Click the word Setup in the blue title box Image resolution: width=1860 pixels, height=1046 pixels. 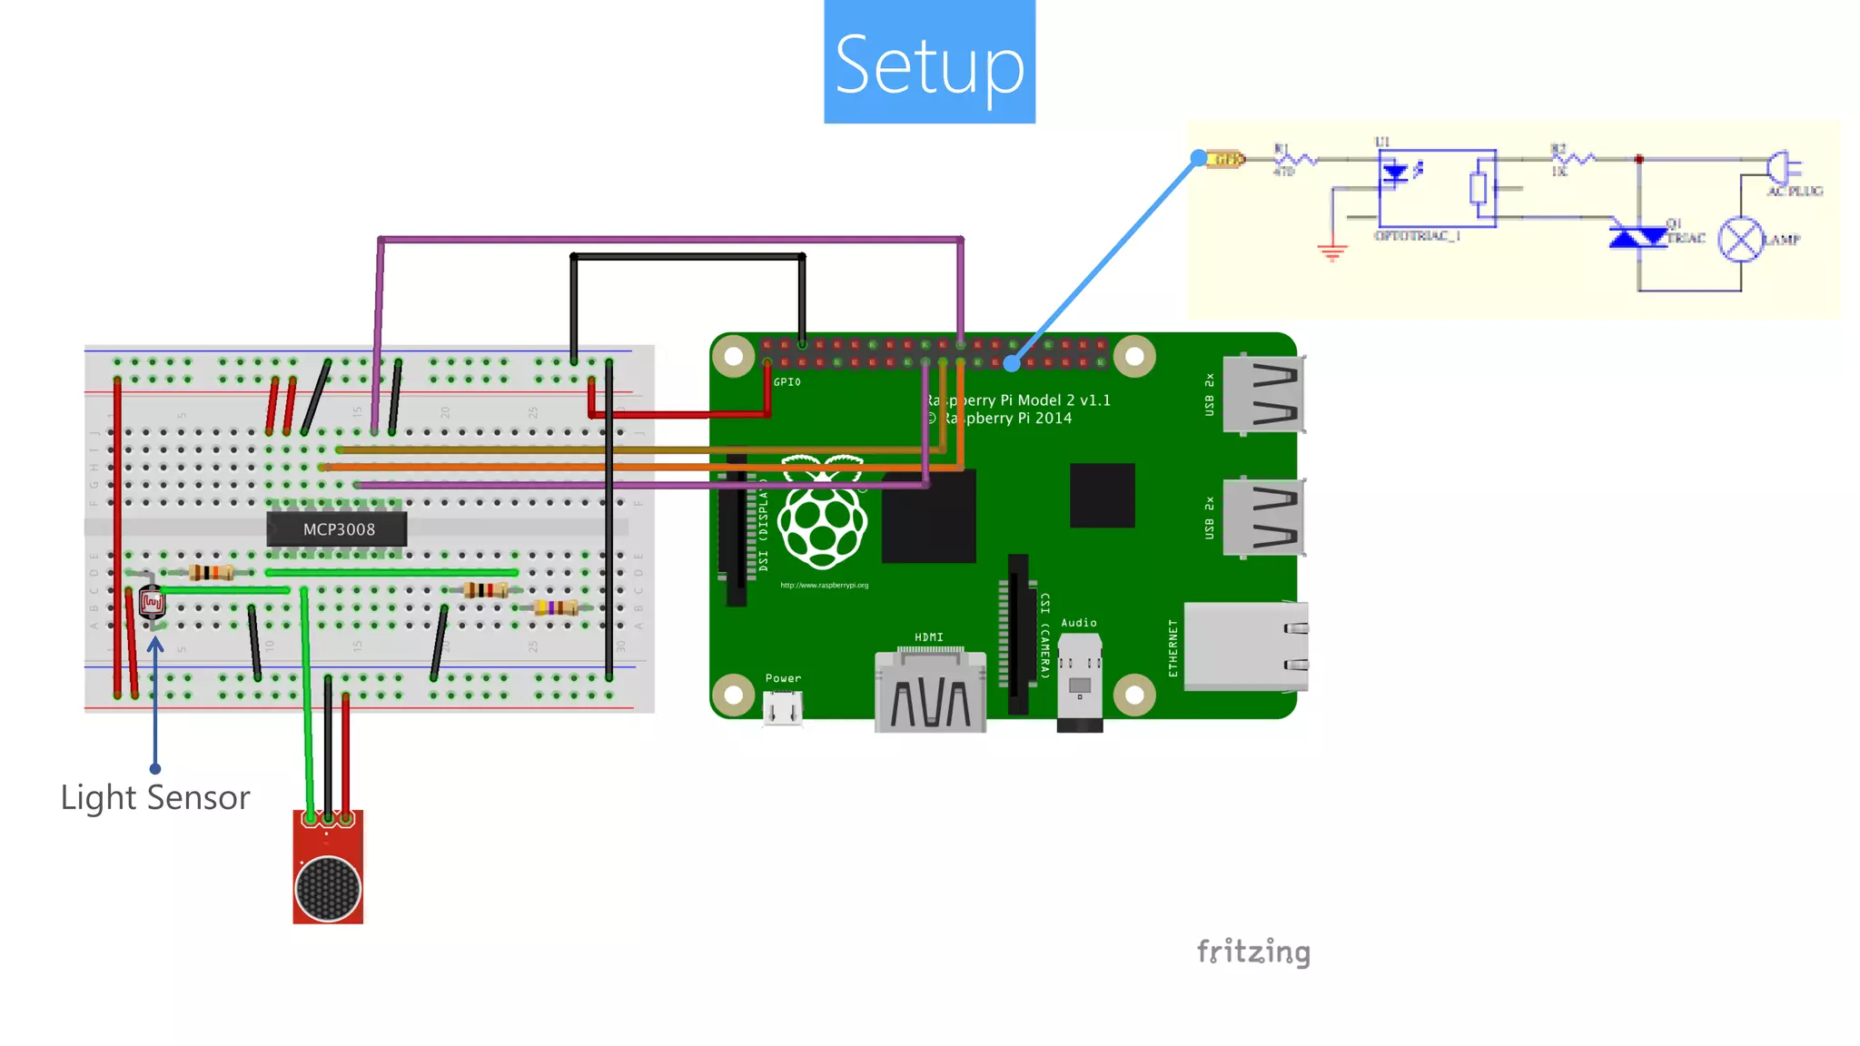tap(929, 64)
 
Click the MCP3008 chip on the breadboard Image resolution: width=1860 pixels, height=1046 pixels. tap(337, 529)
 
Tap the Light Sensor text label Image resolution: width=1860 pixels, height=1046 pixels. tap(155, 797)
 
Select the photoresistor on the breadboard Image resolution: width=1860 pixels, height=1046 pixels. tap(152, 602)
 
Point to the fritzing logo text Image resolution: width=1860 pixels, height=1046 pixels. tap(1253, 952)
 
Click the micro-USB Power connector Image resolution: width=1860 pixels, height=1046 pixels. tap(782, 708)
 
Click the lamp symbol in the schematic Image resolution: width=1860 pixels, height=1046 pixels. tap(1740, 240)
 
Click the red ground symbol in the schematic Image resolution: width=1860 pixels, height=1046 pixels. tap(1332, 252)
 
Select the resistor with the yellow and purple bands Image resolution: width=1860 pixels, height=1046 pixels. tap(556, 607)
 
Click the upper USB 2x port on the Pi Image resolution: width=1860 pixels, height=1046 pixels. tap(1263, 395)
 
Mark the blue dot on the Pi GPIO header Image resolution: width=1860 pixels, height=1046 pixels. tap(1012, 363)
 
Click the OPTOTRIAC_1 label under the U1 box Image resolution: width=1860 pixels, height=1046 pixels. tap(1417, 236)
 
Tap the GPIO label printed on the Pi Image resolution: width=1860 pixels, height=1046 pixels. tap(787, 382)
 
